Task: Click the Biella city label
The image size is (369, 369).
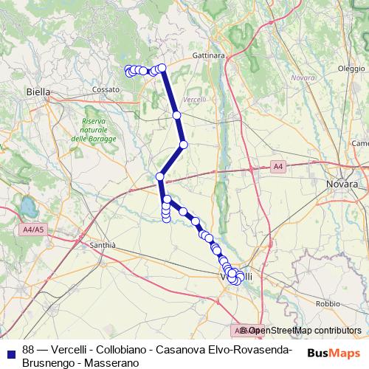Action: [38, 92]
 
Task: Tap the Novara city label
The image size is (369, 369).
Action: [342, 183]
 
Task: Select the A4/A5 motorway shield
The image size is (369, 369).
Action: [33, 230]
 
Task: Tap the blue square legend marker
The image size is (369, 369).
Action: [11, 351]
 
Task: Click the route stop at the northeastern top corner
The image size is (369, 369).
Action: [162, 69]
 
